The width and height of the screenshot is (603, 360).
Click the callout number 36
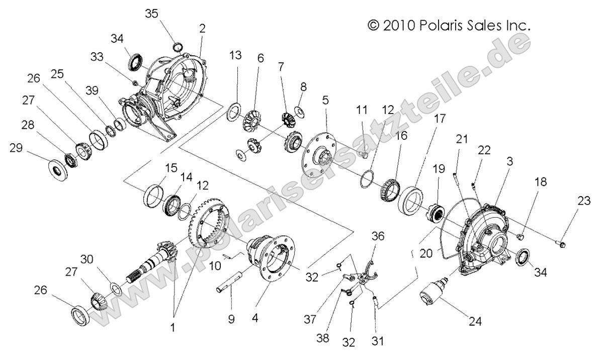[378, 236]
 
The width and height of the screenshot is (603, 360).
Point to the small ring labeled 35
[177, 47]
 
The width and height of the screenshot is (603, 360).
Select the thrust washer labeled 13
[234, 111]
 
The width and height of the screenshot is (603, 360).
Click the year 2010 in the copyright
[397, 25]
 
